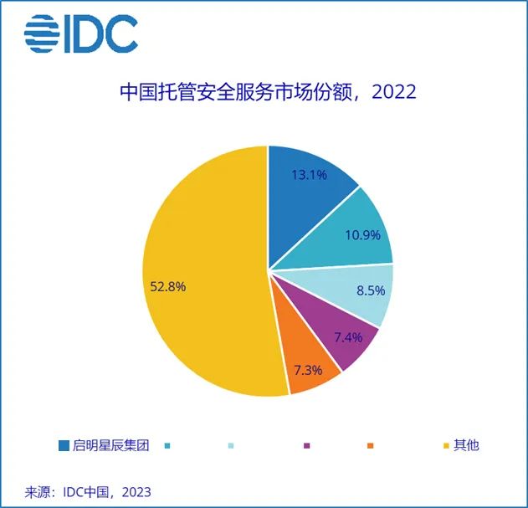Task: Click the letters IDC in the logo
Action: (x=105, y=34)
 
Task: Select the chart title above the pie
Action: (x=267, y=91)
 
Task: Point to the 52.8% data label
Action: (x=167, y=286)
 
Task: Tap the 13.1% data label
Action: (x=309, y=176)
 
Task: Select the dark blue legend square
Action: (x=64, y=445)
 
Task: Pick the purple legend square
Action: (x=307, y=445)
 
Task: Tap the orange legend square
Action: (x=370, y=445)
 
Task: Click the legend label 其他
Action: (x=466, y=445)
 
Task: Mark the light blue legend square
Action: (x=231, y=445)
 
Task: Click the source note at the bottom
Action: (x=82, y=490)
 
